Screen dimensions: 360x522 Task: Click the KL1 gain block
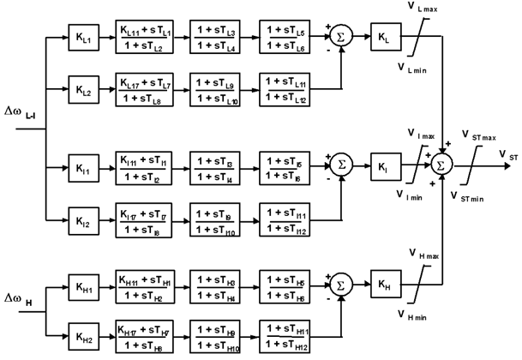[x=83, y=39]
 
